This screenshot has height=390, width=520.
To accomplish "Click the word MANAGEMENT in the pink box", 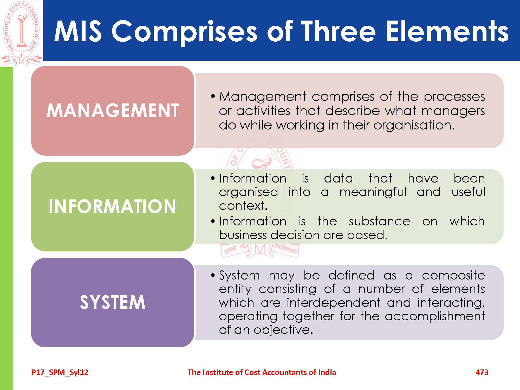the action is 113,110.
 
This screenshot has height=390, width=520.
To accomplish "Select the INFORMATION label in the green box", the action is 113,206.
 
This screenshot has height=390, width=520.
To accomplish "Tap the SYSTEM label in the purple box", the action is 113,302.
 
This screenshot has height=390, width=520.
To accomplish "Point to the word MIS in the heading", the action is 78,31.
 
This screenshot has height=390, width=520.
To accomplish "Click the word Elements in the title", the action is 447,31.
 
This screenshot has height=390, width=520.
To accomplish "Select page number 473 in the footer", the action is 482,372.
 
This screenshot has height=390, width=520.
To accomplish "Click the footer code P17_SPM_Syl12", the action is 60,373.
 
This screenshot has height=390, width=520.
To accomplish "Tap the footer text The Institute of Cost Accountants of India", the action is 262,372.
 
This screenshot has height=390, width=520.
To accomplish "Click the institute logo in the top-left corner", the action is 22,33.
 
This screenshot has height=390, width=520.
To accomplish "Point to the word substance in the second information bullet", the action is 379,222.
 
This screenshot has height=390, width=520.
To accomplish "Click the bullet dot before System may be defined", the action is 213,275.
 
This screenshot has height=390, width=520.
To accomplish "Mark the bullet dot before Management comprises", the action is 213,96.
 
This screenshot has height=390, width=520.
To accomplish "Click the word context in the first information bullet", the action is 243,206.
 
